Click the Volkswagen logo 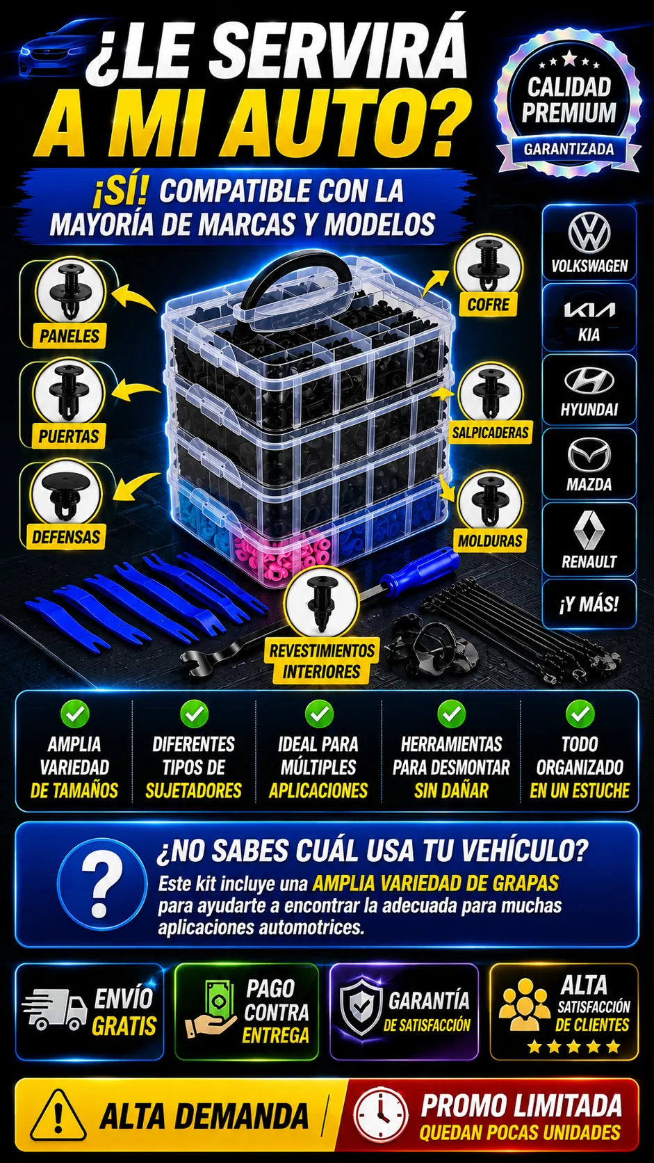(x=589, y=233)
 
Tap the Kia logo (x=589, y=310)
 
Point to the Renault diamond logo (x=589, y=529)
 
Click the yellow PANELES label (x=69, y=336)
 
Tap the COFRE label (x=489, y=305)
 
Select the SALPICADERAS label (x=490, y=433)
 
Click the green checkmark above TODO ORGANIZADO (x=580, y=714)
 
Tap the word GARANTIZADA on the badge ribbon (x=569, y=150)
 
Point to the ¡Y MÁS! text (x=589, y=604)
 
